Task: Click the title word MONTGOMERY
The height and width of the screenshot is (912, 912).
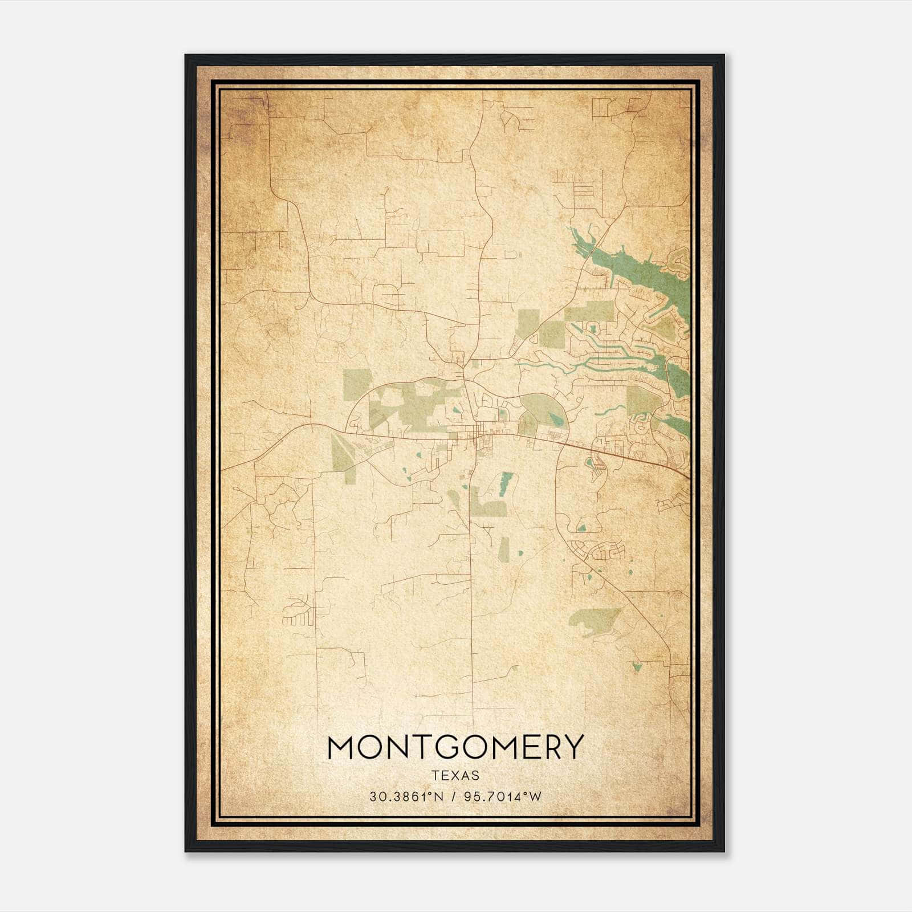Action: (x=455, y=747)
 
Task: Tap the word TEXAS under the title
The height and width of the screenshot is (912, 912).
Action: (x=455, y=776)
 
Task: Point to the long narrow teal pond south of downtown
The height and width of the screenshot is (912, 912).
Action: (x=505, y=482)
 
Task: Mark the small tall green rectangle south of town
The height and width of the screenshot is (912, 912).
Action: (x=504, y=548)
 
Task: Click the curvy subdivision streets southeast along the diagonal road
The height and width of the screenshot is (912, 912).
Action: (x=608, y=551)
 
